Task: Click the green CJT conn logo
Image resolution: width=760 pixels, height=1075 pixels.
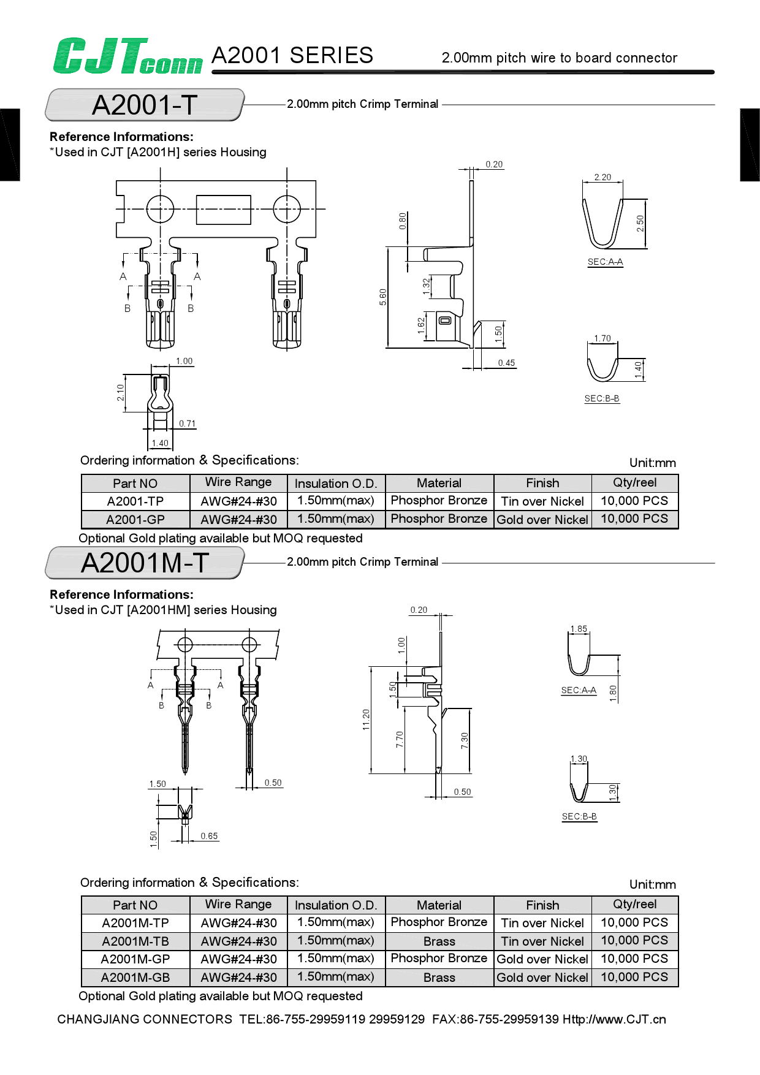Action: [x=127, y=56]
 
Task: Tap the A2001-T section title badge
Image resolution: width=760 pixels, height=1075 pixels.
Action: [x=145, y=105]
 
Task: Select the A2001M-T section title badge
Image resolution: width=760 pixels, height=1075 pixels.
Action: [x=145, y=563]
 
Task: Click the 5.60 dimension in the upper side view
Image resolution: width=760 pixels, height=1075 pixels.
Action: [x=383, y=297]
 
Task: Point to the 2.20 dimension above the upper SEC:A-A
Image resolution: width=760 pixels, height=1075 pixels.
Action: [x=602, y=177]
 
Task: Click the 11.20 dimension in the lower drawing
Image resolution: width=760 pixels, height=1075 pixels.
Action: [x=366, y=719]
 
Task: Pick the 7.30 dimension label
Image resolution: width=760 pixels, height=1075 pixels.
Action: [x=465, y=740]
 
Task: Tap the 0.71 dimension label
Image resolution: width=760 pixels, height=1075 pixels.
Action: [x=187, y=424]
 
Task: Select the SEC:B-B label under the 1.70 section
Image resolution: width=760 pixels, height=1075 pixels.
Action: [x=601, y=398]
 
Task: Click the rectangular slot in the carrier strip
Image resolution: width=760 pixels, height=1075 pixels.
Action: [x=224, y=210]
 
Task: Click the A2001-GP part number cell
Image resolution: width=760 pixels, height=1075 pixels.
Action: [x=135, y=520]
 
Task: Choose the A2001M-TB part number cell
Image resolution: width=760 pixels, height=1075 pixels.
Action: [x=135, y=941]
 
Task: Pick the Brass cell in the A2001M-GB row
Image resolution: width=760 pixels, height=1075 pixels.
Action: [x=439, y=978]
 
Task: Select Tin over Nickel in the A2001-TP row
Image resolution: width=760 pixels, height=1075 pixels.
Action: [x=542, y=501]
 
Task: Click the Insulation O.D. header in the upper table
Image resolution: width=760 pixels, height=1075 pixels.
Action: [x=336, y=484]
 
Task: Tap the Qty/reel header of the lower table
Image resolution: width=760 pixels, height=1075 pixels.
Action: [x=634, y=905]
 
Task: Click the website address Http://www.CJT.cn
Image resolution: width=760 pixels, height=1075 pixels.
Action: [x=614, y=1019]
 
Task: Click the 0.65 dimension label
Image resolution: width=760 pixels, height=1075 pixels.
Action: [x=209, y=836]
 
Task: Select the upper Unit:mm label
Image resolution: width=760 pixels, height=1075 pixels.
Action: [x=652, y=463]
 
